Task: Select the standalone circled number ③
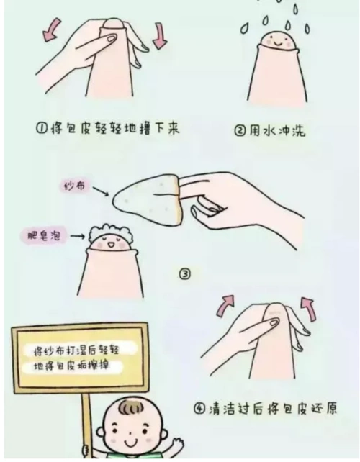coord(185,273)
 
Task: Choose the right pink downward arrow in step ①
coord(159,35)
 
